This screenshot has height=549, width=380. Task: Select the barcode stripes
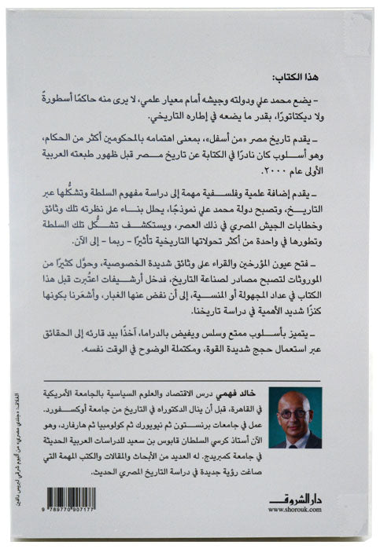72,498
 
